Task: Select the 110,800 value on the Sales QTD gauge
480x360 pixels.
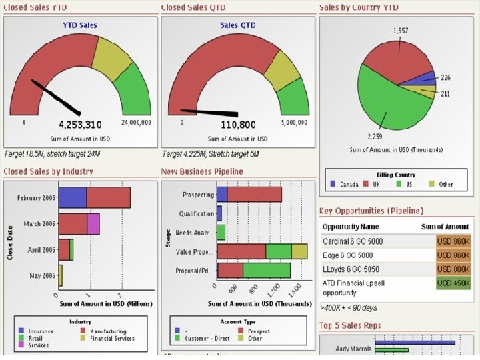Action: tap(238, 125)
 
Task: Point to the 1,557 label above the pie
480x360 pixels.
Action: tap(401, 31)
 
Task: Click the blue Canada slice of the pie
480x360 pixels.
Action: tap(425, 80)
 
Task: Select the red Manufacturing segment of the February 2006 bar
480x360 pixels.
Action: tap(108, 197)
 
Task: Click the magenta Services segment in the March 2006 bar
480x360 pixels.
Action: tap(93, 223)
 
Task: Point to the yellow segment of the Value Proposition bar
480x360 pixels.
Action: tap(299, 251)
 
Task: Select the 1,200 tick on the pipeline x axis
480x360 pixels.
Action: tap(273, 291)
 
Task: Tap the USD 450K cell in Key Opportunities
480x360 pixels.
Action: tap(453, 283)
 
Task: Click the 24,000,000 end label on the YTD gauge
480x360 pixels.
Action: tap(136, 123)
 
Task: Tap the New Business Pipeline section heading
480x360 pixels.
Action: tap(202, 171)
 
